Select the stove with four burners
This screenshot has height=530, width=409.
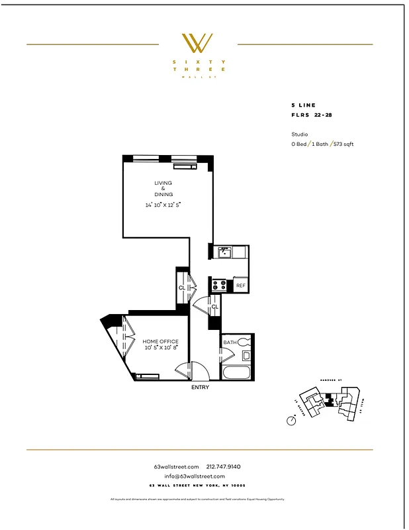220,286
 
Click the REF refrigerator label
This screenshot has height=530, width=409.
240,286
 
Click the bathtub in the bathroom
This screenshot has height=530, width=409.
237,371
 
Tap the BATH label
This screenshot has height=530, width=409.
229,342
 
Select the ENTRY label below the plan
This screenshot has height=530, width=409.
200,387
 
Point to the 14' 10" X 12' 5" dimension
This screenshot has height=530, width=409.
163,205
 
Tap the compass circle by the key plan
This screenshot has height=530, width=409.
291,420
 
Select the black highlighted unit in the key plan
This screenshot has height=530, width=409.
329,402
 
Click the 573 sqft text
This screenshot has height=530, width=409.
343,144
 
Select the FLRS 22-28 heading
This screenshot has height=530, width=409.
313,115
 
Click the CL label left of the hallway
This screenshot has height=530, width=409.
181,288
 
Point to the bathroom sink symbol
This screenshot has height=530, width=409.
246,356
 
